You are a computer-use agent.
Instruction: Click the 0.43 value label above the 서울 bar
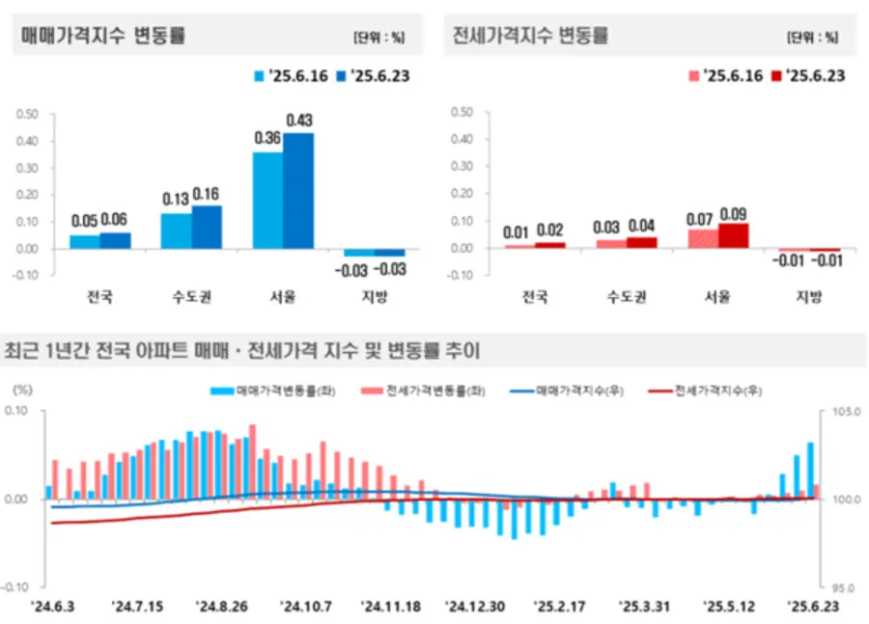click(x=299, y=121)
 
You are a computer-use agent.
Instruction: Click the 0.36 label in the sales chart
click(x=266, y=139)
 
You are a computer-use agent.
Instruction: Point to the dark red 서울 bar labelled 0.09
click(x=732, y=235)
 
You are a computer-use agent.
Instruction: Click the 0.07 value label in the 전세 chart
click(x=700, y=218)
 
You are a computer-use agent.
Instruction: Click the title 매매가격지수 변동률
click(x=103, y=36)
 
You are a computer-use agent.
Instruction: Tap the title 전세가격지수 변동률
click(x=530, y=36)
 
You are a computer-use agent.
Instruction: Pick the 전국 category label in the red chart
click(x=534, y=295)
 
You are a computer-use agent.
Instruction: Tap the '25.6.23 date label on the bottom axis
click(x=814, y=607)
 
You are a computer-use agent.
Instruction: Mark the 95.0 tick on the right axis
click(x=839, y=586)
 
